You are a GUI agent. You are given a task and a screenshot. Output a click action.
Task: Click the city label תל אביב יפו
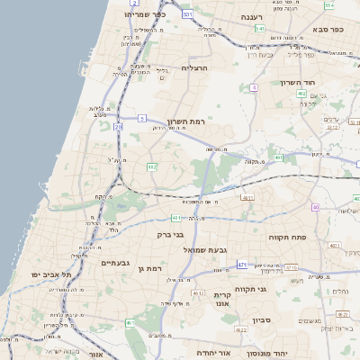(44, 273)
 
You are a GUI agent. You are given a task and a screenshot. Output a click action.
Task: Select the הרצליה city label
(194, 67)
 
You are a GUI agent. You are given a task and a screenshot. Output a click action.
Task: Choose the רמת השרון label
(187, 120)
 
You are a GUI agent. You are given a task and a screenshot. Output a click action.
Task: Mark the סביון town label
(262, 319)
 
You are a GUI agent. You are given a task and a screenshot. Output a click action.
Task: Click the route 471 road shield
(242, 264)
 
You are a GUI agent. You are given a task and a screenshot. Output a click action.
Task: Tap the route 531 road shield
(187, 15)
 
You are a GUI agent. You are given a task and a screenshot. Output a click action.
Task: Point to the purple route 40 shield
(316, 208)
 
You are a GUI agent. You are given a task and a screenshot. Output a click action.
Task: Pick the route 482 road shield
(152, 166)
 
